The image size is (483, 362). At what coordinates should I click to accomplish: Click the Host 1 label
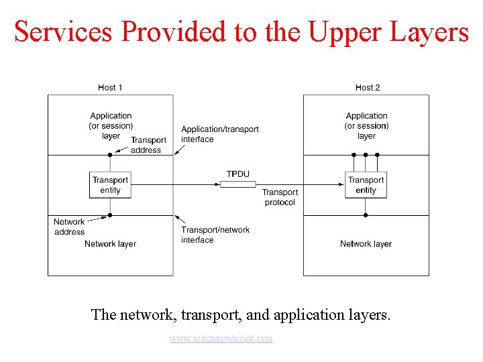pyautogui.click(x=110, y=88)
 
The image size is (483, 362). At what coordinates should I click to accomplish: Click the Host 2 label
pyautogui.click(x=367, y=88)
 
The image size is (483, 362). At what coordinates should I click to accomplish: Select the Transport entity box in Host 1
pyautogui.click(x=110, y=185)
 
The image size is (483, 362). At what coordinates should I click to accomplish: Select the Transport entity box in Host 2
pyautogui.click(x=366, y=185)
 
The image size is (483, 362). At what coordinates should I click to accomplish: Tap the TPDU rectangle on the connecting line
pyautogui.click(x=237, y=184)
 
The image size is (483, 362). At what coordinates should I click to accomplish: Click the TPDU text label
pyautogui.click(x=237, y=174)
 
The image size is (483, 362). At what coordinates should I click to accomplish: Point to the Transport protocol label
pyautogui.click(x=280, y=197)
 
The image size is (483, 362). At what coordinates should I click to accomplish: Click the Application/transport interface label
pyautogui.click(x=219, y=134)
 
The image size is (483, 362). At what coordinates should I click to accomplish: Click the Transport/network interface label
pyautogui.click(x=215, y=235)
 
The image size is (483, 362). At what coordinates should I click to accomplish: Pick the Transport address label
pyautogui.click(x=148, y=145)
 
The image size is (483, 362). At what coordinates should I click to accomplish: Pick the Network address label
pyautogui.click(x=69, y=227)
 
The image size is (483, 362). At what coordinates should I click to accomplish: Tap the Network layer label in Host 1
pyautogui.click(x=110, y=244)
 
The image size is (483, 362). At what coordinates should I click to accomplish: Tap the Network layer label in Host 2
pyautogui.click(x=366, y=244)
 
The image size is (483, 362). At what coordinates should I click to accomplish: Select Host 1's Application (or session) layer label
pyautogui.click(x=111, y=125)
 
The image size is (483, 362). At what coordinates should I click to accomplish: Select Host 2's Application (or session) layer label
pyautogui.click(x=366, y=125)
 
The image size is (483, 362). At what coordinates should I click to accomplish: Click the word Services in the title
pyautogui.click(x=62, y=32)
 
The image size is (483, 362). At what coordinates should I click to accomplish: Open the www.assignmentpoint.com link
pyautogui.click(x=221, y=339)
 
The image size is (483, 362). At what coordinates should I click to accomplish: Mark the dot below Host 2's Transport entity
pyautogui.click(x=366, y=215)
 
